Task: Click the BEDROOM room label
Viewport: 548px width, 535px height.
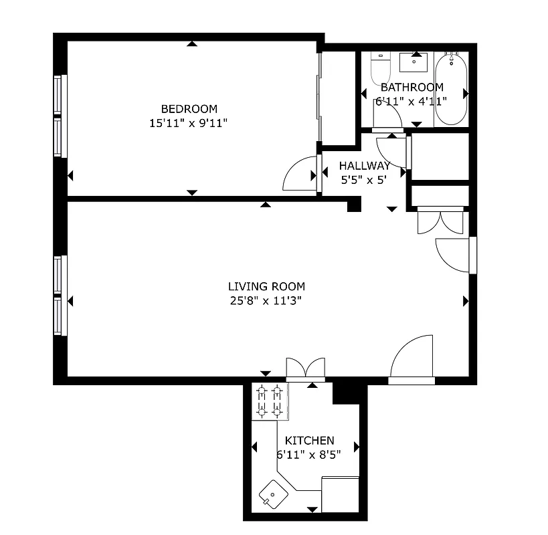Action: click(x=189, y=109)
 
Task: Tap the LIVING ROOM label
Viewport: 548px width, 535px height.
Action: click(x=266, y=286)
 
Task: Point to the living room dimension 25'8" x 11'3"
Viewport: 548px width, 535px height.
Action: click(x=266, y=300)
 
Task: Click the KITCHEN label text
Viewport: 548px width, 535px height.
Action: click(x=309, y=441)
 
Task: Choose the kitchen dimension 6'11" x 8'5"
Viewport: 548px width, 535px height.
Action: click(x=309, y=454)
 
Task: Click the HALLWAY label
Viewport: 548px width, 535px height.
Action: click(x=364, y=166)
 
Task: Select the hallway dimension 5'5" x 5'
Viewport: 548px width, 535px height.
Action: click(x=364, y=180)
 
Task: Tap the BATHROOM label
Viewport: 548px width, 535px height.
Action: click(x=412, y=87)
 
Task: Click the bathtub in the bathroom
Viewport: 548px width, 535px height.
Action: click(x=452, y=90)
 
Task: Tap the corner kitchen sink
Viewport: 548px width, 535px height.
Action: click(x=274, y=496)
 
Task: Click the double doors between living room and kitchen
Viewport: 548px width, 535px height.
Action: click(x=305, y=369)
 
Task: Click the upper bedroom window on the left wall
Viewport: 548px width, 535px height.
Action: click(x=58, y=95)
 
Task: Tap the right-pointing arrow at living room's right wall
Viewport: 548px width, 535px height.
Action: click(x=466, y=302)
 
